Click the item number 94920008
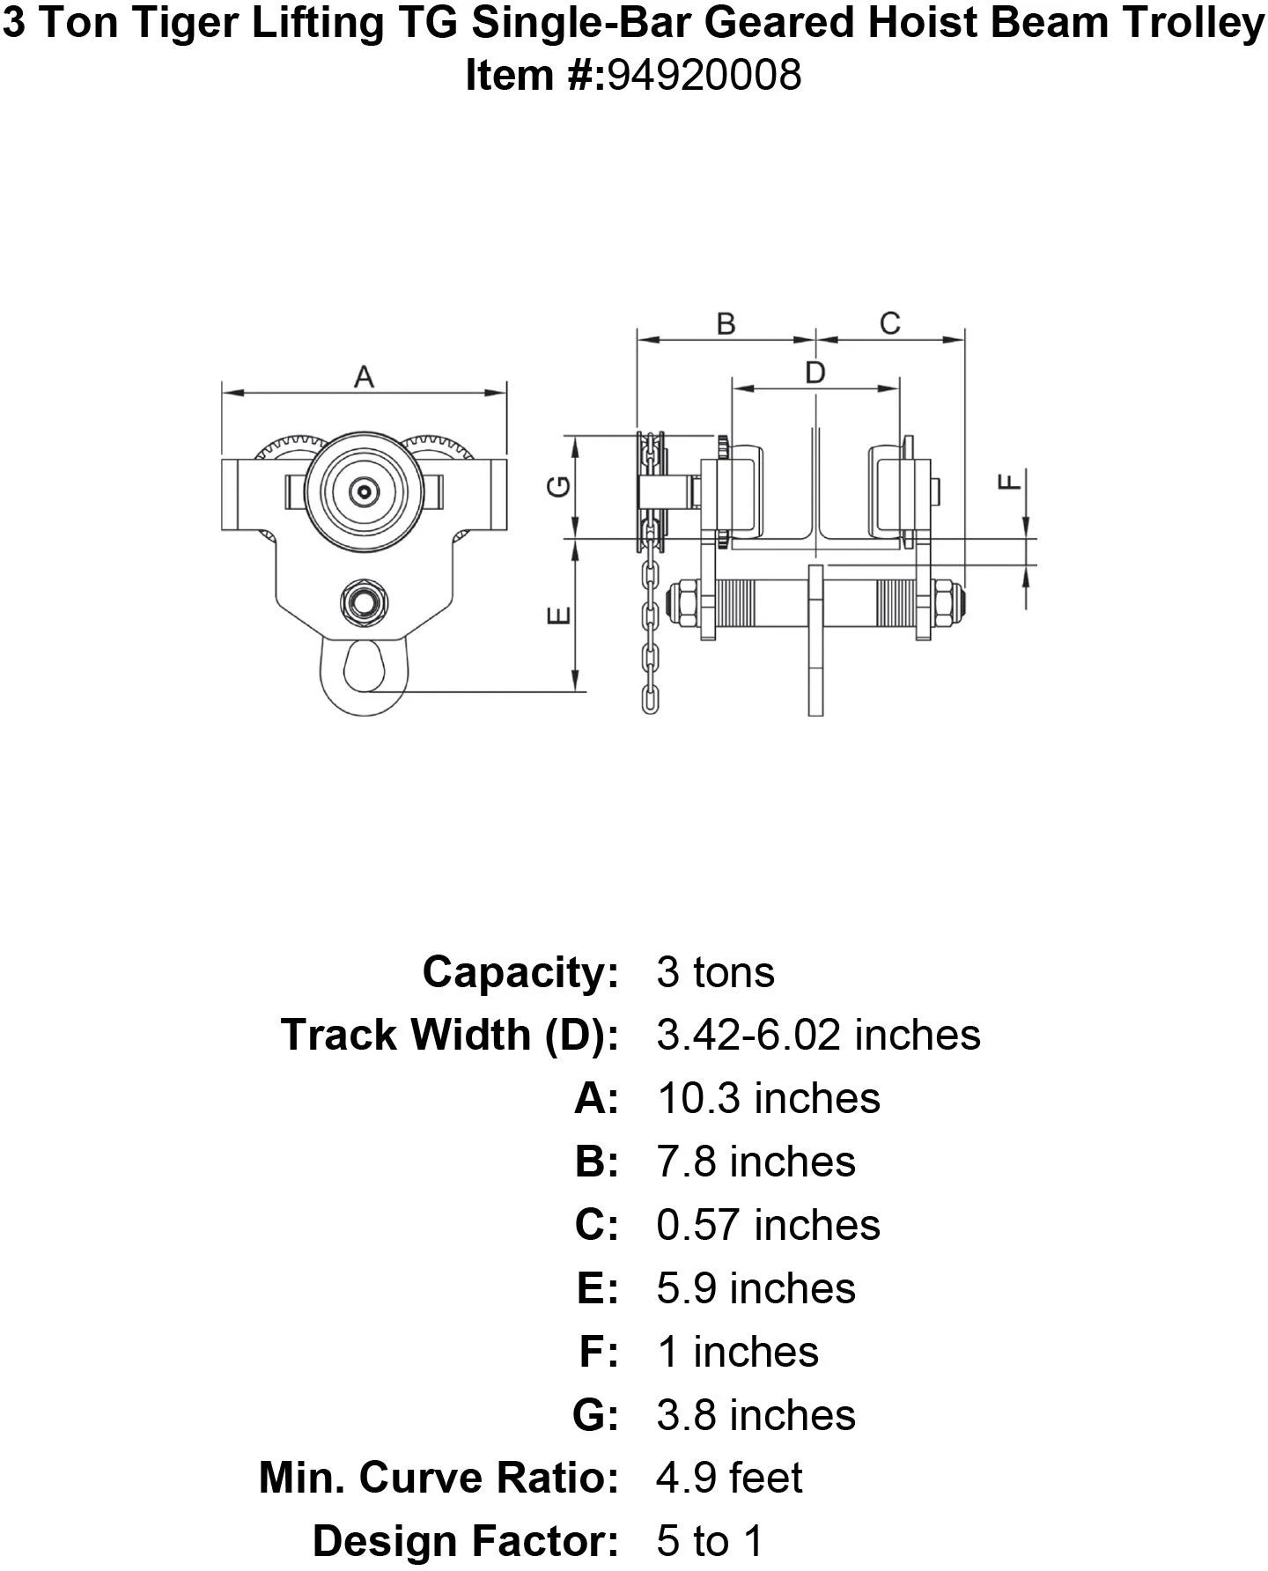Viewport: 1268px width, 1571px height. [704, 76]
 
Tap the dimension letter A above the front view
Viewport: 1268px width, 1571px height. [364, 378]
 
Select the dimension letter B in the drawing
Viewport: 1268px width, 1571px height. [726, 324]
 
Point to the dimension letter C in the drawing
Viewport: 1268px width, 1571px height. [889, 324]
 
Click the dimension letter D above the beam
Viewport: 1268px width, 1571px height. [815, 373]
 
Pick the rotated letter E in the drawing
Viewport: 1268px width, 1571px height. [560, 616]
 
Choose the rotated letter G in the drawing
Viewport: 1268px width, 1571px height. [560, 486]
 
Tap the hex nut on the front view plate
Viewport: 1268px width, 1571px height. [364, 602]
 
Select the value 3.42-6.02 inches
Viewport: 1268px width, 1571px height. [818, 1035]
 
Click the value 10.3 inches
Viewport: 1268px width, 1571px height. [768, 1098]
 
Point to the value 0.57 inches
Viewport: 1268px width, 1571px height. [768, 1225]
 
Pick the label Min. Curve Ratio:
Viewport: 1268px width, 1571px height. [439, 1479]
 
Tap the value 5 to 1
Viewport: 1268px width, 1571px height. [710, 1542]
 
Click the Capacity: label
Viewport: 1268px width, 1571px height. [520, 972]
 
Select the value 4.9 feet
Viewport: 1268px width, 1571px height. [729, 1479]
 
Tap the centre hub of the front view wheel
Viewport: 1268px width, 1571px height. [363, 490]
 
